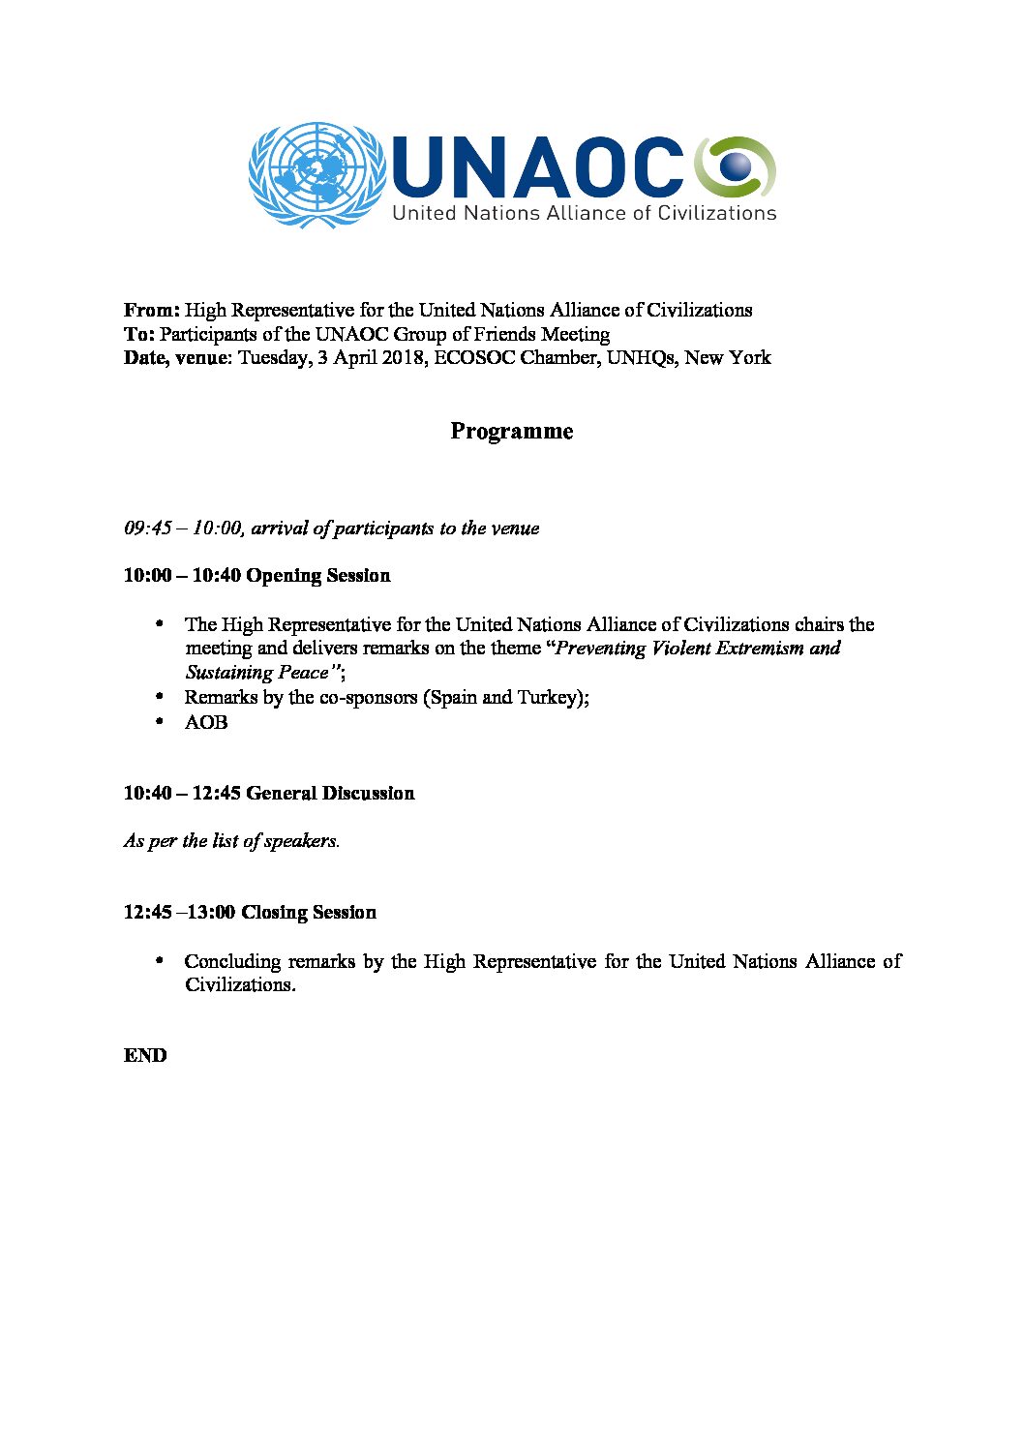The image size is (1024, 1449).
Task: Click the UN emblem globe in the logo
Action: pos(313,175)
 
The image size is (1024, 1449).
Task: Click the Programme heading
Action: pos(511,432)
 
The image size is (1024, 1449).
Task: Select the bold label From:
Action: pos(151,311)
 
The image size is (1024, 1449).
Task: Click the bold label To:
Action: pos(138,335)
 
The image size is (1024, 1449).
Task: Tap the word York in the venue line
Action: pos(750,358)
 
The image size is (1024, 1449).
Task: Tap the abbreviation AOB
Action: pos(206,723)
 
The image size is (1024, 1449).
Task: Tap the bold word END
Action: pos(145,1056)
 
